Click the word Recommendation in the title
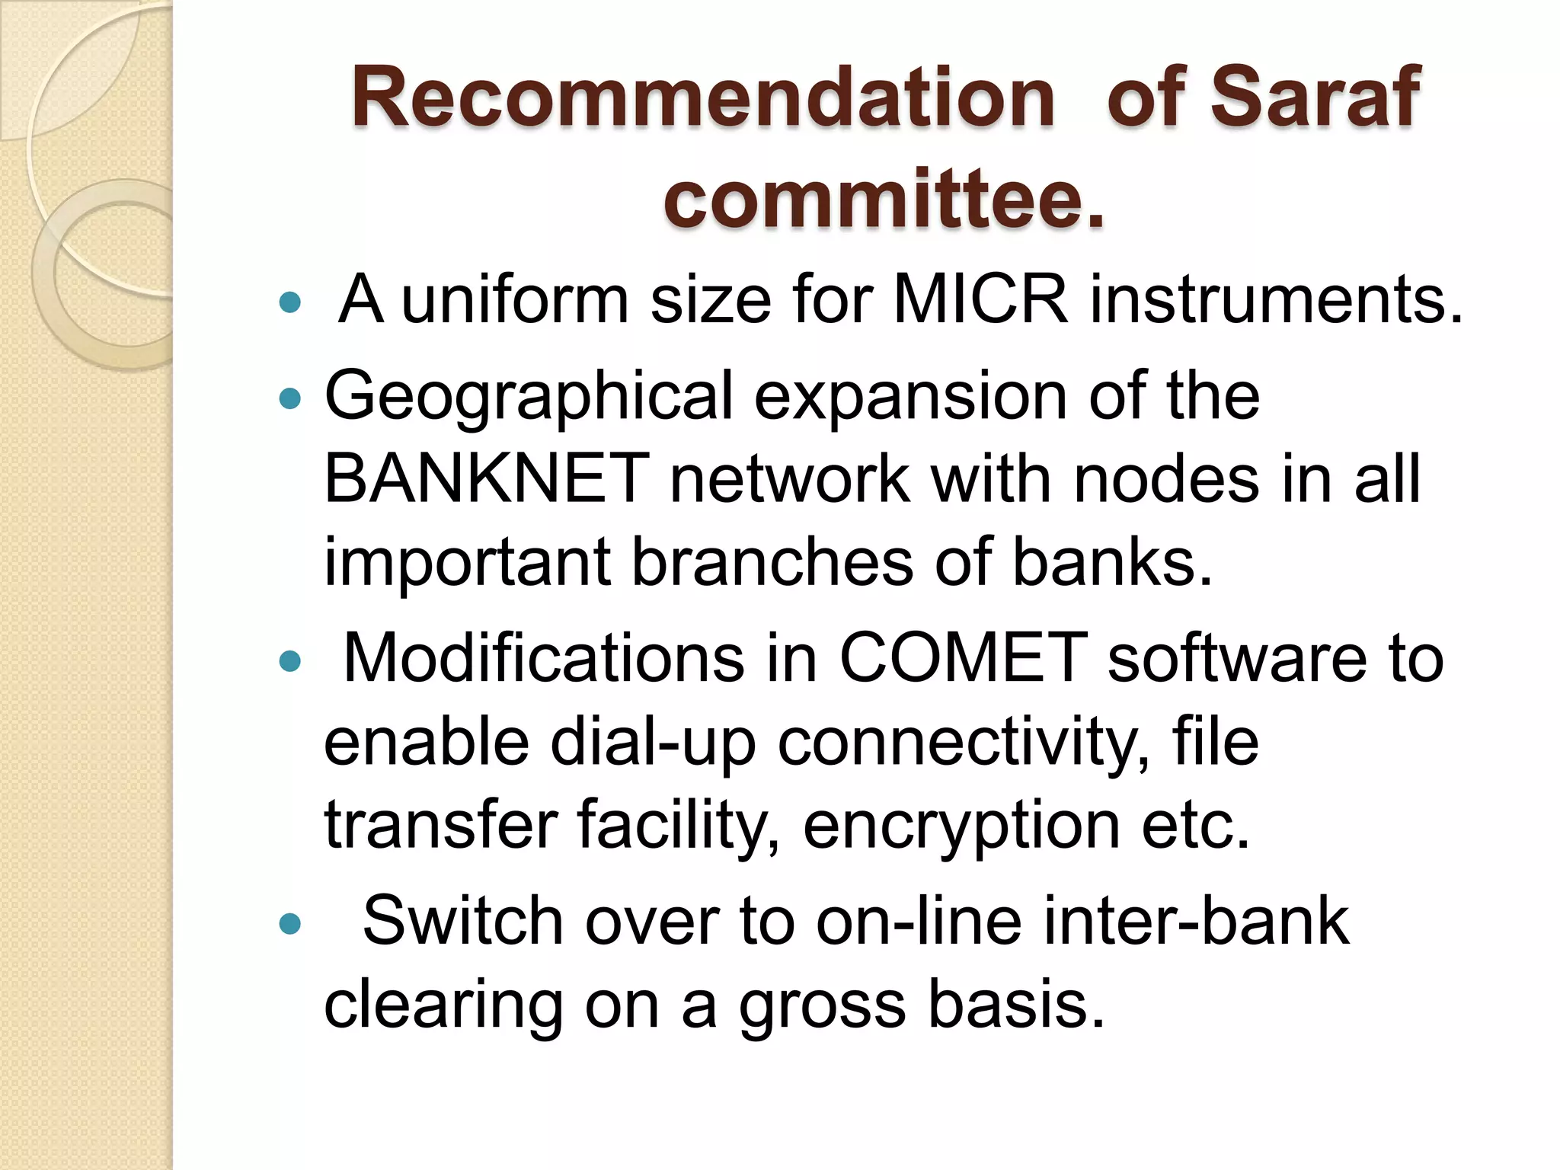(x=702, y=97)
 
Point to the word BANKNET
(x=486, y=478)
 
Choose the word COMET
(x=963, y=657)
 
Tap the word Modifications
(x=543, y=657)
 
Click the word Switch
(x=462, y=921)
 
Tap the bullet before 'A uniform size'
(x=290, y=303)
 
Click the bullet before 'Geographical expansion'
(x=290, y=398)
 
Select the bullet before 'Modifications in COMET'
(x=290, y=660)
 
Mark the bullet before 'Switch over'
(x=290, y=924)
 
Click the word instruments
(x=1276, y=299)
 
